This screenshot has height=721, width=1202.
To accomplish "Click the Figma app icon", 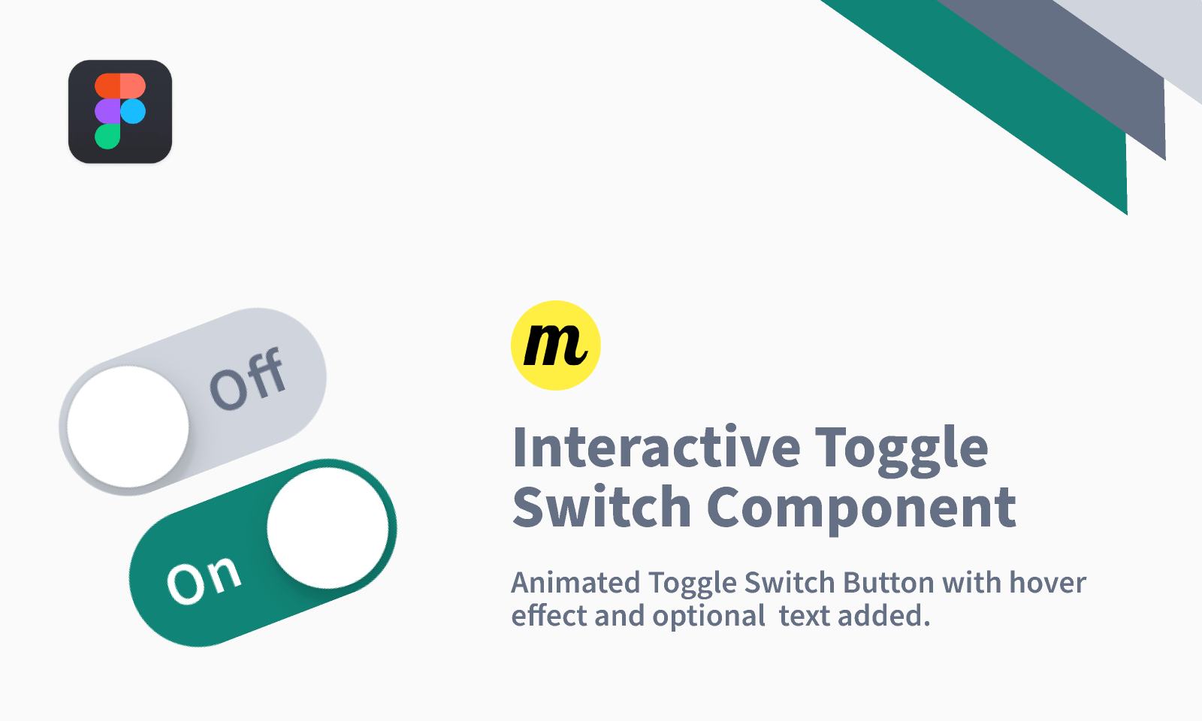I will [120, 111].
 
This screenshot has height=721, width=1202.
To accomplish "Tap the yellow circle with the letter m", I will [556, 345].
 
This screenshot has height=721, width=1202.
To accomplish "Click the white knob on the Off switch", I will [128, 427].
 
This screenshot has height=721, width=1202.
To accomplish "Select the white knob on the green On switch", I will [328, 527].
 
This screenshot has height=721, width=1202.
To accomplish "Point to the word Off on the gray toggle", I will [248, 379].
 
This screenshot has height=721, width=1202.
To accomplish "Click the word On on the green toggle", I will [204, 580].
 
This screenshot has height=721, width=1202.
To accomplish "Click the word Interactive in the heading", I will [657, 448].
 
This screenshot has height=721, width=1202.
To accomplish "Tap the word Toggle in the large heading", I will [901, 449].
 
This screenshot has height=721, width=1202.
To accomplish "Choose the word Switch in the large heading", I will [601, 508].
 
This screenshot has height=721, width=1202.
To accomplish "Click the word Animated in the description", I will [575, 583].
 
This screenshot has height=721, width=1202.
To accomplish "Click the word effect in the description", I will [548, 616].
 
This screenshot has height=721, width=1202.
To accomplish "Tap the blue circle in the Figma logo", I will [133, 112].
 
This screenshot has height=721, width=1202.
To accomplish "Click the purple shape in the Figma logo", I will [107, 112].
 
